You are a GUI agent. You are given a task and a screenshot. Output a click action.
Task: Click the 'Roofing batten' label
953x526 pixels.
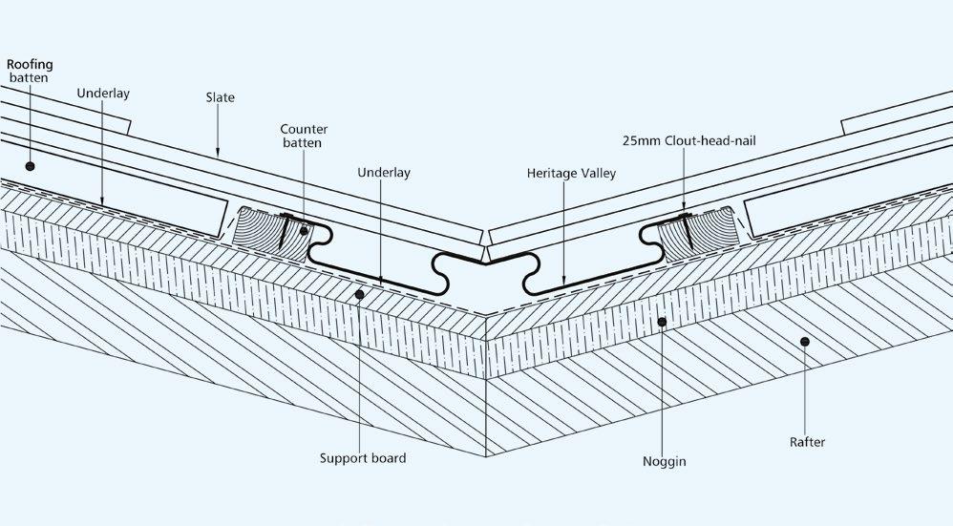pos(30,71)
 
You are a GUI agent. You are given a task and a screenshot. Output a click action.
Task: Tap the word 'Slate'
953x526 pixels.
pos(220,97)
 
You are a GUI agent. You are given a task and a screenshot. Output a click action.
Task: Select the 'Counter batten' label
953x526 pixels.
pos(301,136)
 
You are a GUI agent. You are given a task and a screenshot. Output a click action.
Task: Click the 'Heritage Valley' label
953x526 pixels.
pos(571,174)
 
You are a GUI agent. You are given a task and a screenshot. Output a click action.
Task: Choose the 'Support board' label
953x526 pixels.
pos(363,458)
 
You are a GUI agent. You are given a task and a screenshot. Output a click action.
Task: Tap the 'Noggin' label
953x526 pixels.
pos(665,462)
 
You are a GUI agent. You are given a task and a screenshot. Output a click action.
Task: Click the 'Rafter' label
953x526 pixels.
pos(807,442)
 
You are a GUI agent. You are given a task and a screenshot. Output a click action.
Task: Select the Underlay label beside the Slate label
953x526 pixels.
pos(103,94)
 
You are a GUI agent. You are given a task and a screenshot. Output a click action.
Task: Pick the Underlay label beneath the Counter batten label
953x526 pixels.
pos(383,173)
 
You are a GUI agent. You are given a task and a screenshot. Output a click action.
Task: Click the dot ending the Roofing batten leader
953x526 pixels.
pos(31,165)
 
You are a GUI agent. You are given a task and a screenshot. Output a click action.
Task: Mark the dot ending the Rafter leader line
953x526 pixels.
pos(806,341)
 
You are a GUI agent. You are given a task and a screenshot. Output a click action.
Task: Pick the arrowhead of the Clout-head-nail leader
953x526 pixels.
pos(685,211)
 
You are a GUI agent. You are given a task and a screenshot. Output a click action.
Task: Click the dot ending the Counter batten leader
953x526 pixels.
pos(304,230)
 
